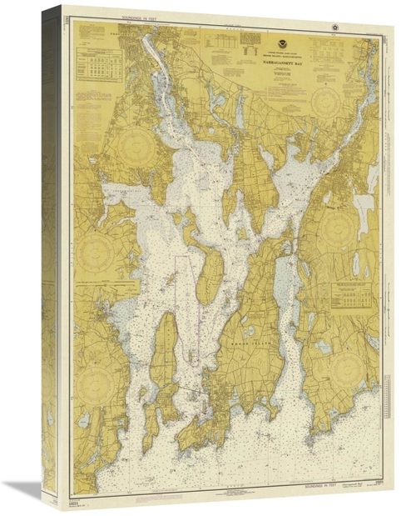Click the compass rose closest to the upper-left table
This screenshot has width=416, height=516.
[x=132, y=147]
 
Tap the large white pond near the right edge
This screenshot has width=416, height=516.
[x=364, y=204]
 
